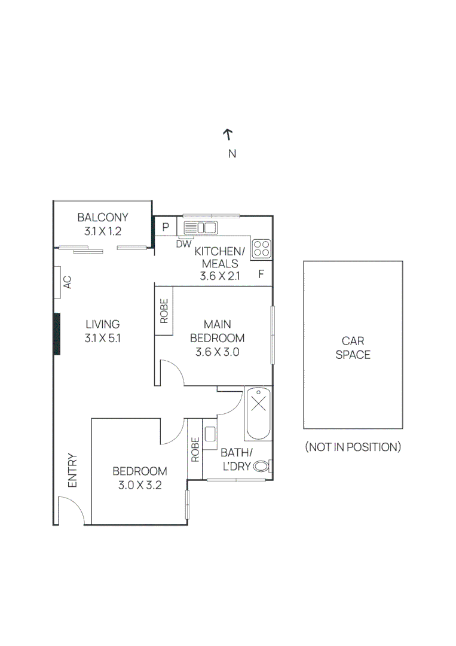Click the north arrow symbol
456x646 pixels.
[x=228, y=135]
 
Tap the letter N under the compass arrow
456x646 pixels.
[x=232, y=154]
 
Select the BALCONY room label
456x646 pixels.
[x=103, y=217]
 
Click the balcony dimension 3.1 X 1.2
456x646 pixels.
[x=103, y=231]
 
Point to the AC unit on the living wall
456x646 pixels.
[x=57, y=282]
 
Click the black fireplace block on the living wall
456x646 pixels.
[x=57, y=334]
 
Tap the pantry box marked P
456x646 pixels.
[x=166, y=227]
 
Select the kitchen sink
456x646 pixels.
[x=200, y=228]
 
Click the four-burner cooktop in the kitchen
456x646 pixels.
[x=262, y=249]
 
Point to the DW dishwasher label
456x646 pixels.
[x=184, y=244]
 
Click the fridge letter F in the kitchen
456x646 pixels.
[x=261, y=274]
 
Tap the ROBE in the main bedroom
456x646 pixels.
[x=164, y=311]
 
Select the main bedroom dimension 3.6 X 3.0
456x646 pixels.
[x=218, y=352]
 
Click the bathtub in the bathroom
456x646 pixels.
[x=258, y=414]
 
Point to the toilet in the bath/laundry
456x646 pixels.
[x=262, y=467]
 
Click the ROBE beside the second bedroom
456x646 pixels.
[x=195, y=449]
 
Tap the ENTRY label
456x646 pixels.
[x=72, y=471]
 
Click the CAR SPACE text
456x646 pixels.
[x=353, y=348]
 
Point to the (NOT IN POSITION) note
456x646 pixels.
[x=353, y=447]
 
